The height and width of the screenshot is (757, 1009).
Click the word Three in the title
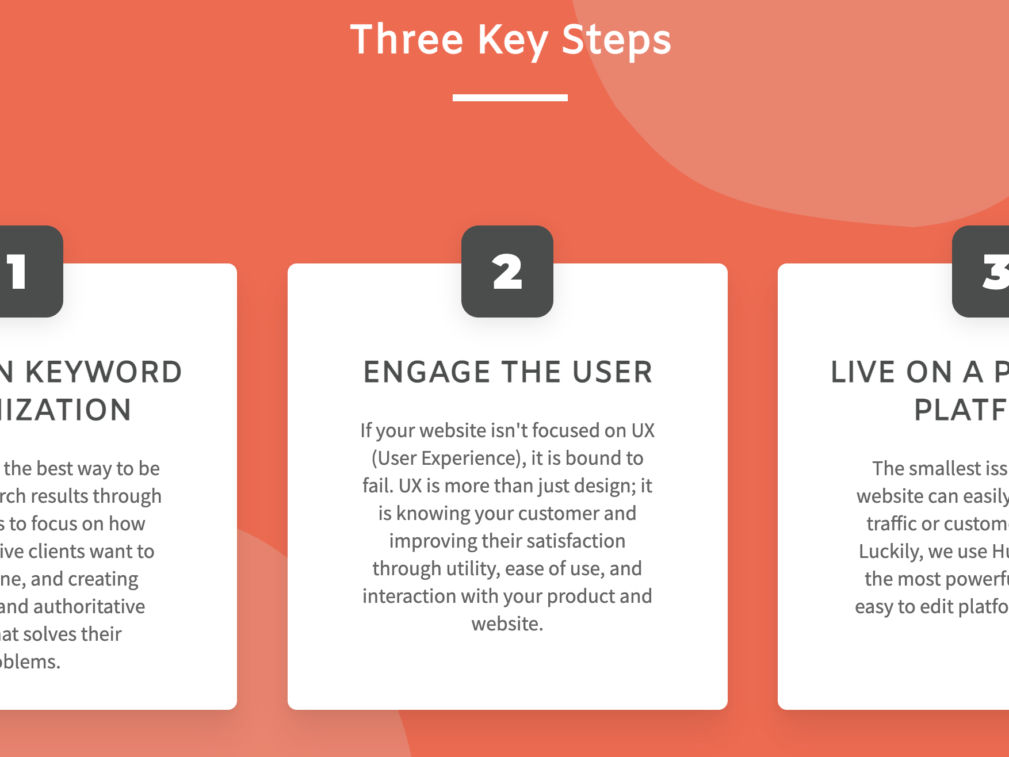407,40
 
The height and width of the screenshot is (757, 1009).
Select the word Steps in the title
616,41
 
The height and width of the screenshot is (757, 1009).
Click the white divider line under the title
510,98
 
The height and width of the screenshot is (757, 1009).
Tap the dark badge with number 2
507,272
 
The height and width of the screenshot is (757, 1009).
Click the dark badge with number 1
29,272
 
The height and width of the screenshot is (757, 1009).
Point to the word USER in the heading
613,372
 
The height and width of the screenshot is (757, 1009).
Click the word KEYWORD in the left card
104,372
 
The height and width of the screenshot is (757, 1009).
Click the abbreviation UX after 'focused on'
643,430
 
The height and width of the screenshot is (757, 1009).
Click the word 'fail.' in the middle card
378,485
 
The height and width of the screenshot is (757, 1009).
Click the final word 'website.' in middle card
507,624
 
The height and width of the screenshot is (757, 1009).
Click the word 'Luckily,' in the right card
890,551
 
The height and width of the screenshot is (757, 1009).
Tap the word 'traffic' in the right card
891,523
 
